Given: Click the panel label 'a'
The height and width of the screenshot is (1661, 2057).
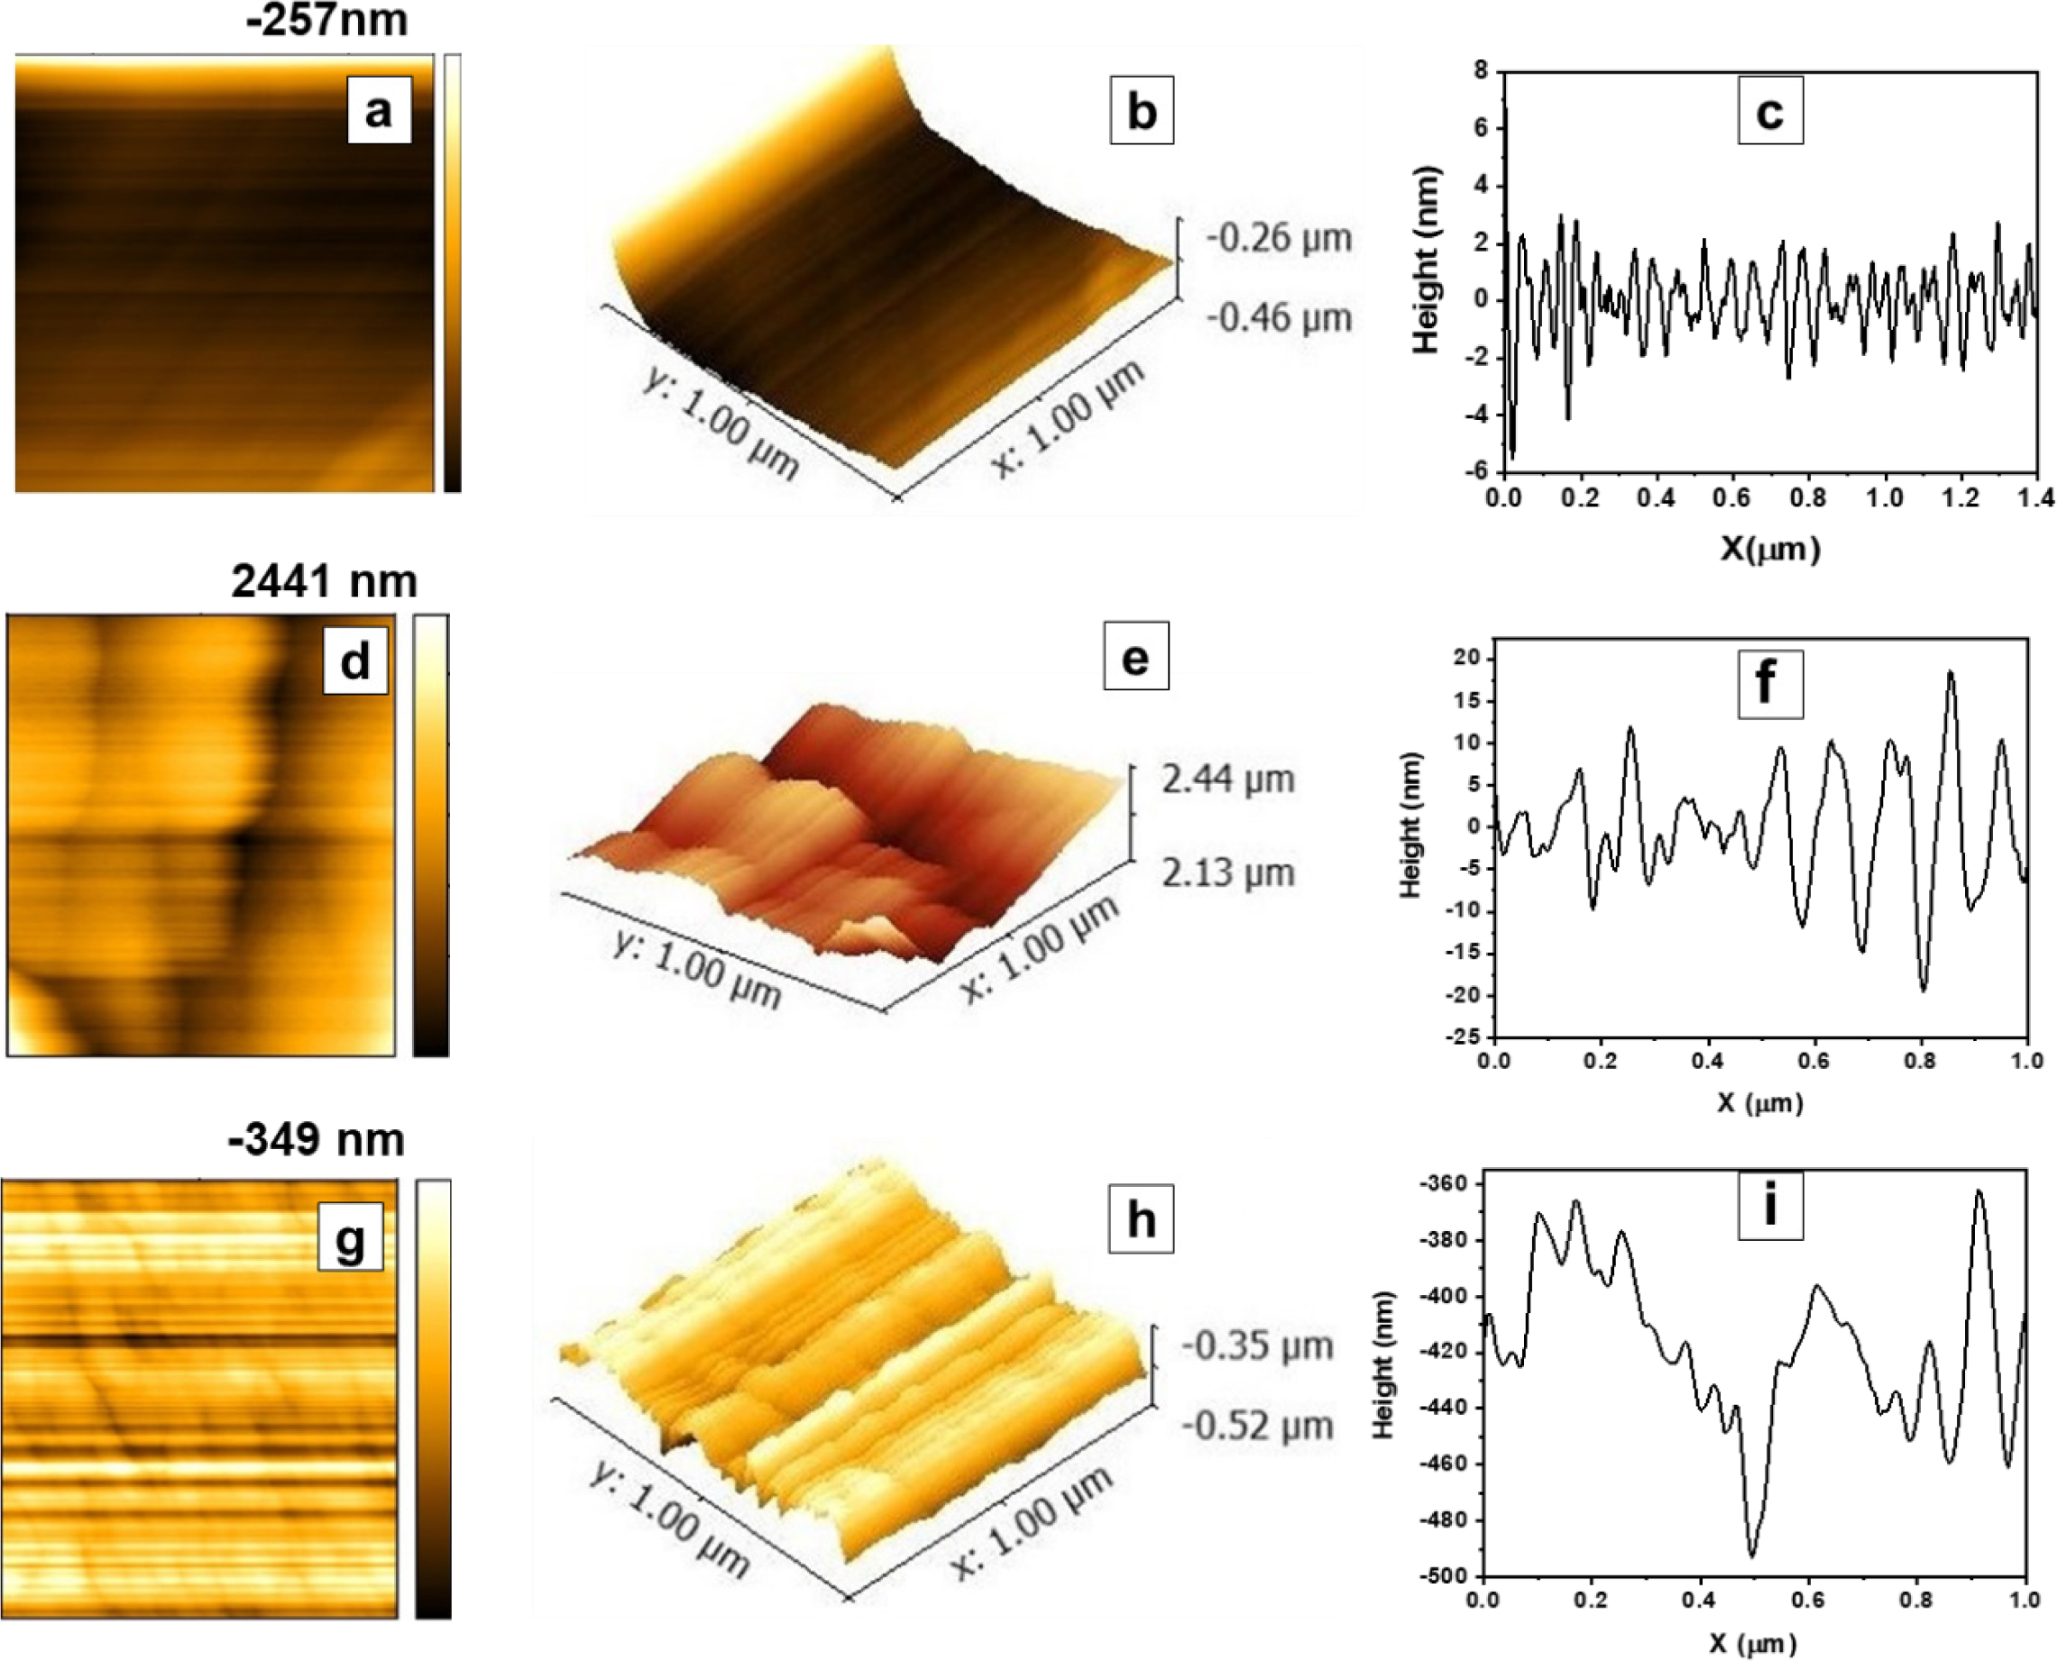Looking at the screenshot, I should pos(379,110).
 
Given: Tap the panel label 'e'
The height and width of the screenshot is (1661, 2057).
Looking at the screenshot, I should pos(1135,656).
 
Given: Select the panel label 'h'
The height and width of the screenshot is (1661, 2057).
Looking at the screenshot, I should pos(1140,1220).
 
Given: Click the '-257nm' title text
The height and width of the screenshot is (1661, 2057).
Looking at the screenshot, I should pos(326,20).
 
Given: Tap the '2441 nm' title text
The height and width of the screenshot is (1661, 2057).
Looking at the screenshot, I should pos(324,580).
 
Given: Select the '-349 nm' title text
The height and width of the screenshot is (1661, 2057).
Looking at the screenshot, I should pos(316,1139).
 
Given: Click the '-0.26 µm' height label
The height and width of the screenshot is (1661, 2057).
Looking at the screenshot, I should pos(1278,237).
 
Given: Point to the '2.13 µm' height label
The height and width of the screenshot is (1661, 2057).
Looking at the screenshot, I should pos(1228,872).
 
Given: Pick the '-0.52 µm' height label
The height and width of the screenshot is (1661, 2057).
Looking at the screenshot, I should pos(1257,1426).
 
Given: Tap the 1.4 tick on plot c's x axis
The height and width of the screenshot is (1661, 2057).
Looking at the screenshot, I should pos(2035,497).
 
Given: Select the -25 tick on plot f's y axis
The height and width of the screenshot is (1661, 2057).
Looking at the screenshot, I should pos(1465,1037).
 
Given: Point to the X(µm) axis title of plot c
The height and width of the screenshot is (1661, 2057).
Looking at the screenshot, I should pos(1770,548).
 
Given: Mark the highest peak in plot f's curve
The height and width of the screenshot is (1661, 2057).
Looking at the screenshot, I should pos(1950,672).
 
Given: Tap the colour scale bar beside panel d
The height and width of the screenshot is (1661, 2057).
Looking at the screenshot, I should pos(431,835).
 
